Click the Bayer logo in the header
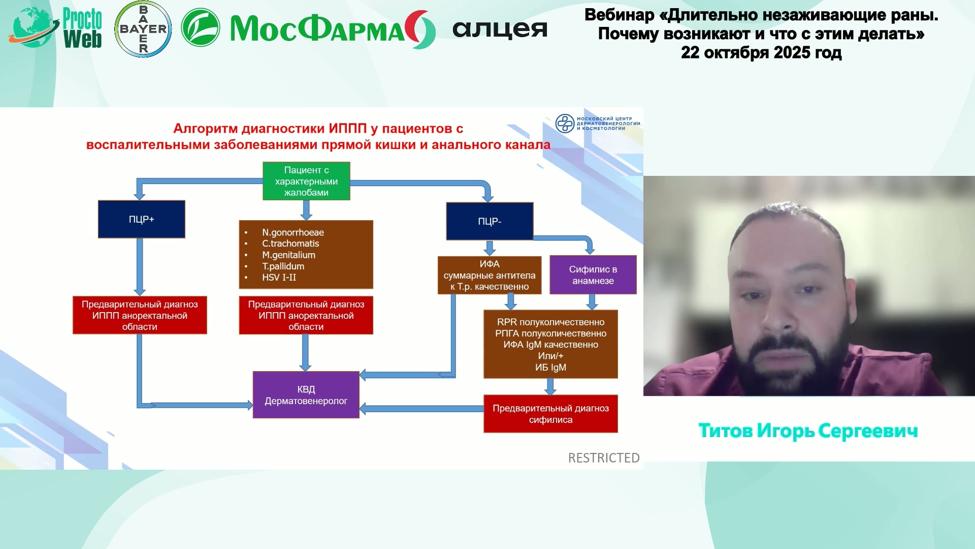pos(143,29)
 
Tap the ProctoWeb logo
pos(56,28)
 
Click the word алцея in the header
pos(500,29)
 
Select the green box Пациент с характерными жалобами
pos(306,181)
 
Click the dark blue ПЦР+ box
pos(141,219)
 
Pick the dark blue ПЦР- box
pos(490,221)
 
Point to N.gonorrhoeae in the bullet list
pos(293,232)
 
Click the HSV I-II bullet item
pos(279,277)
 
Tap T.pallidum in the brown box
pos(283,266)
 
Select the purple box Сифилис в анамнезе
pos(593,274)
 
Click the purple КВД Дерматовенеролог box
pos(306,395)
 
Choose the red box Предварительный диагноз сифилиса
pos(550,414)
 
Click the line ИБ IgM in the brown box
pos(550,367)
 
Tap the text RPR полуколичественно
pos(550,322)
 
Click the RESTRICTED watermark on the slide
pos(603,458)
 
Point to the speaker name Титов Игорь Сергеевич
pos(808,431)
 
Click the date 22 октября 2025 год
pos(761,52)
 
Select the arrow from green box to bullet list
pos(306,210)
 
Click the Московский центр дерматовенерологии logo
pos(597,124)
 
